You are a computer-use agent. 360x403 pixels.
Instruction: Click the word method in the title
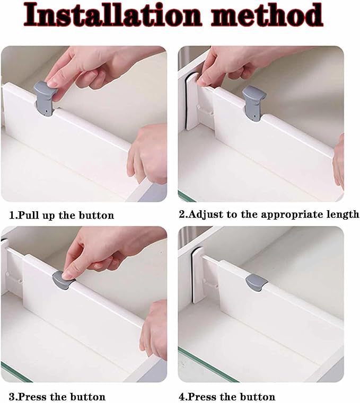(267, 15)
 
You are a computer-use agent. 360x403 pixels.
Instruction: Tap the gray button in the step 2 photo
(252, 101)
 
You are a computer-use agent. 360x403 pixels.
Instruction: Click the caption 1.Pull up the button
(62, 216)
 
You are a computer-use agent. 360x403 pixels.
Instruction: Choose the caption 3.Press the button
(57, 396)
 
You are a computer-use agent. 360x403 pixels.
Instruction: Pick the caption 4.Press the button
(231, 396)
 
